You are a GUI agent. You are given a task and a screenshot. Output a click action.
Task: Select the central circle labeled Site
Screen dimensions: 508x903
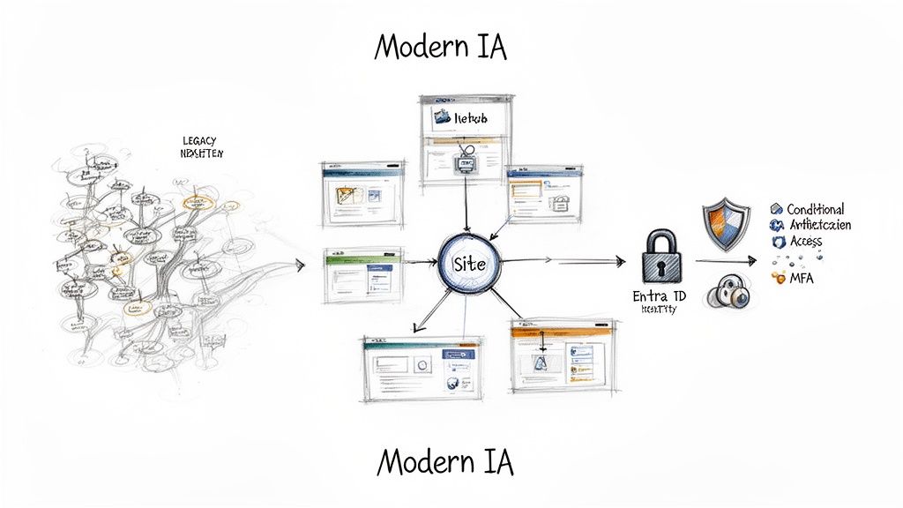tap(469, 264)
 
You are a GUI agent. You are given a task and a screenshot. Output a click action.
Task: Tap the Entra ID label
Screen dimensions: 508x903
tap(659, 297)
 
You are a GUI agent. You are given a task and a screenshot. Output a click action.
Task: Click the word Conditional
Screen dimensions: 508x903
tap(816, 209)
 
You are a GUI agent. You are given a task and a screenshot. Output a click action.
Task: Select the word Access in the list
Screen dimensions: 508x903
tap(806, 241)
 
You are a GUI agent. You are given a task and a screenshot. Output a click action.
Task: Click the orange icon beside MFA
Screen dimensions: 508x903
tap(778, 278)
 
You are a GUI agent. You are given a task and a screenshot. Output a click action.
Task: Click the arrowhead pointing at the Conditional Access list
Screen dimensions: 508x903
tap(752, 261)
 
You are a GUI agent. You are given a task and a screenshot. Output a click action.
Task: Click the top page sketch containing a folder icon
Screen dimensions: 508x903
tap(466, 138)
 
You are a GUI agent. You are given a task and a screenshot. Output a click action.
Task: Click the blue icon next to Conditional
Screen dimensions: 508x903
tap(777, 209)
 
